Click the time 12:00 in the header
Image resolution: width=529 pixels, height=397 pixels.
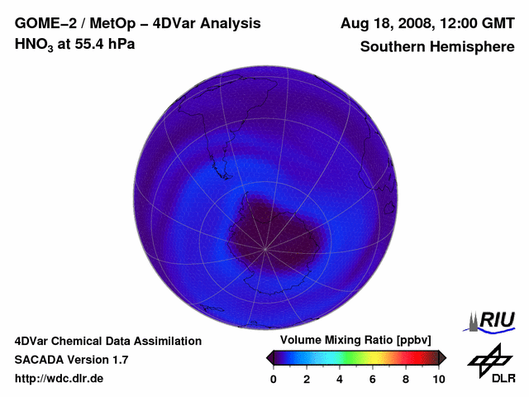coord(452,23)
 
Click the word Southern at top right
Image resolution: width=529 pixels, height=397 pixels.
coord(393,47)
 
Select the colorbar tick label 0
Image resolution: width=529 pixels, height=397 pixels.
coord(273,380)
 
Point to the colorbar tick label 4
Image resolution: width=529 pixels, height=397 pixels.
coord(339,380)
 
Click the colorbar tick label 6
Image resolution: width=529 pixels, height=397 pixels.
coord(372,380)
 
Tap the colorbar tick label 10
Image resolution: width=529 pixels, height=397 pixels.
coord(438,380)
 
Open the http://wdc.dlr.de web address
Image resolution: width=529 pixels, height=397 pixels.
coord(60,379)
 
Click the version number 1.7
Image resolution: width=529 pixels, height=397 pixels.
coord(119,360)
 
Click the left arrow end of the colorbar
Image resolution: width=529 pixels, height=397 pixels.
coord(269,357)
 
